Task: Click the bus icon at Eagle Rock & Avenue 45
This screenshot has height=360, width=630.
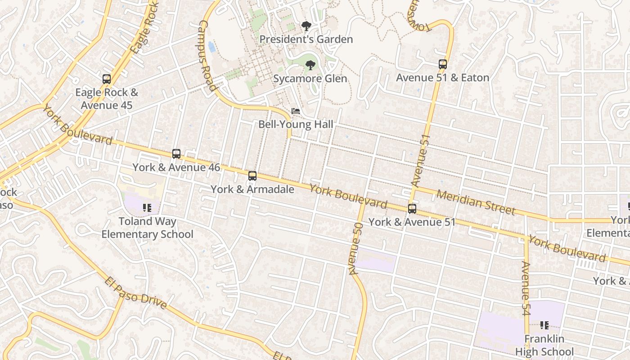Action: click(x=107, y=79)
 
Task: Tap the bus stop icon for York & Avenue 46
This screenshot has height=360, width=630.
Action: click(x=176, y=154)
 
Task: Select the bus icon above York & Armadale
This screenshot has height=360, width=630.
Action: click(x=252, y=175)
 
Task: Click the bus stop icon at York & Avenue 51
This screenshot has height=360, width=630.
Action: click(x=412, y=209)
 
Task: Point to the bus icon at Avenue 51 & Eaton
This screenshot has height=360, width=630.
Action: click(x=443, y=64)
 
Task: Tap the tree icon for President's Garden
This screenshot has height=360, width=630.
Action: click(x=306, y=26)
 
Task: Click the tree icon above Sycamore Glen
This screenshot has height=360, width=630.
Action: click(x=310, y=65)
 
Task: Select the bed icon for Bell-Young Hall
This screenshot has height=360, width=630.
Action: click(x=296, y=111)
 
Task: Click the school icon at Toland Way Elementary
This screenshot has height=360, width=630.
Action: click(x=147, y=208)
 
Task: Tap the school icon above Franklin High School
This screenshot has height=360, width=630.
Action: click(x=544, y=325)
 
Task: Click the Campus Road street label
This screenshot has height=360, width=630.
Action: click(x=207, y=56)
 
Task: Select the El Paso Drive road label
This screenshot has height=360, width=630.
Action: click(x=136, y=293)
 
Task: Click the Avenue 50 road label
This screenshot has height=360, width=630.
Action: click(x=355, y=248)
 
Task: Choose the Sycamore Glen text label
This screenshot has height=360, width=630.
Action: click(x=310, y=79)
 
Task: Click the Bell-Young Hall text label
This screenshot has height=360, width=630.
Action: click(x=296, y=124)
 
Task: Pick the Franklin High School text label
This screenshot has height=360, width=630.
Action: click(x=544, y=345)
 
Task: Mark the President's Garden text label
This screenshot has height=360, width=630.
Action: click(x=306, y=40)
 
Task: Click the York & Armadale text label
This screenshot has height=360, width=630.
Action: click(x=252, y=189)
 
